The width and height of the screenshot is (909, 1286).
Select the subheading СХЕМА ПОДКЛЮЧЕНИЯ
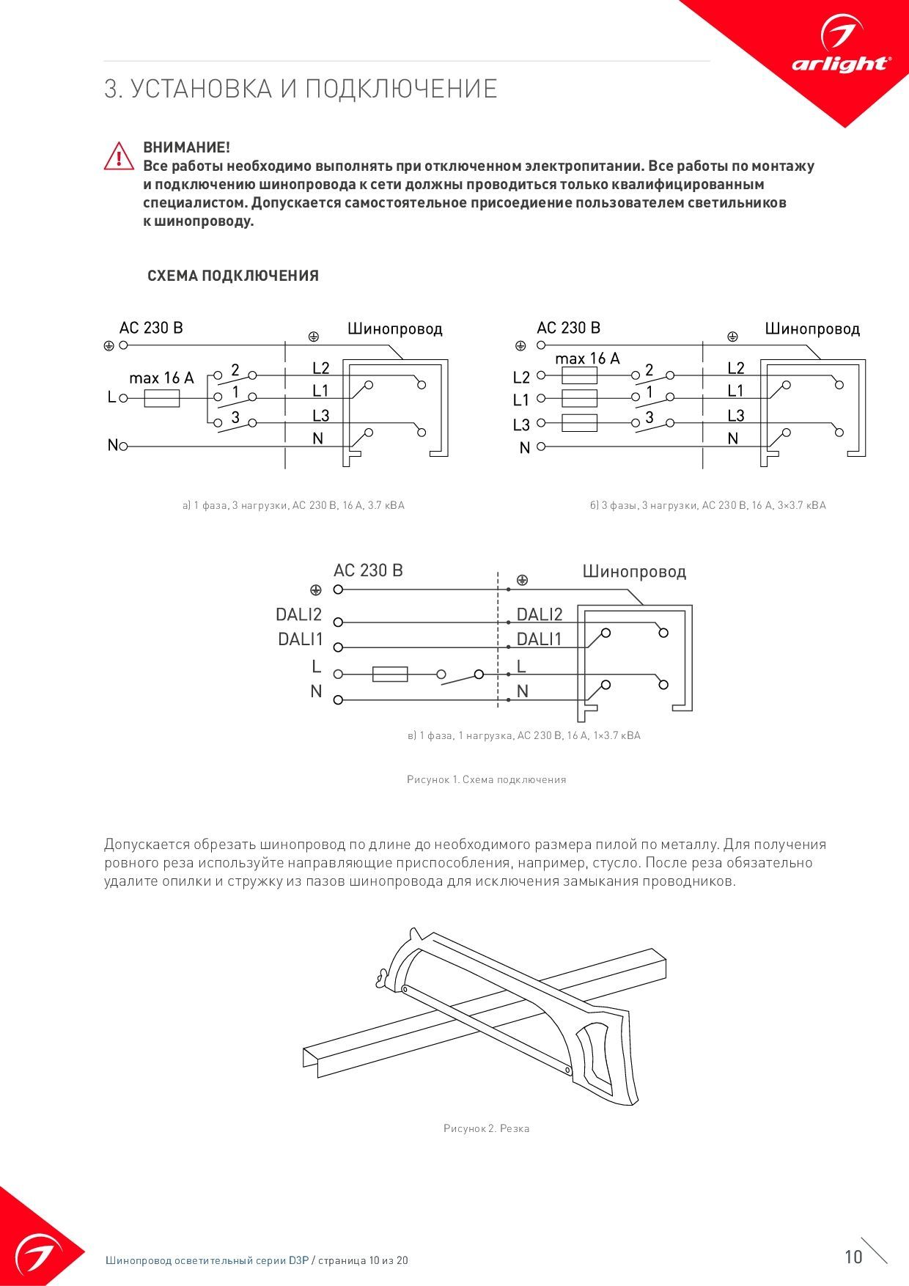[x=233, y=276]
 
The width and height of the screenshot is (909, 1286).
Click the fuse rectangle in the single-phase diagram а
[x=162, y=398]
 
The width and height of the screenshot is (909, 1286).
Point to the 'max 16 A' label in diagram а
[x=161, y=378]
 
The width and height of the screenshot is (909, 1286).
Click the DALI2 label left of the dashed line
[x=299, y=614]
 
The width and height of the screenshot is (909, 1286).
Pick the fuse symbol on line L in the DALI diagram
[x=390, y=674]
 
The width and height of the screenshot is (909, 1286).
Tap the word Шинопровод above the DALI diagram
[x=634, y=571]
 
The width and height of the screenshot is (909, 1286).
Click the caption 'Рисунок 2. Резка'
[x=486, y=1128]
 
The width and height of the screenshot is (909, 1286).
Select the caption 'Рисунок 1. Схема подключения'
[x=486, y=779]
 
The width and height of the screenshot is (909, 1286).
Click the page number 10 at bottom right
[x=853, y=1257]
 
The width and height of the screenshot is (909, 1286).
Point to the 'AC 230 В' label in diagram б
[x=568, y=328]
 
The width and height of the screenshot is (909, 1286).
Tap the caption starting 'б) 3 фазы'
[x=707, y=505]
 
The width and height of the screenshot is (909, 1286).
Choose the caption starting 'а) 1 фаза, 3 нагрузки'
[x=293, y=505]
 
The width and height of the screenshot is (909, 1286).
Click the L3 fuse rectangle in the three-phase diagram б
[x=579, y=423]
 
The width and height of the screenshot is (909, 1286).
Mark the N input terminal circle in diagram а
[x=123, y=446]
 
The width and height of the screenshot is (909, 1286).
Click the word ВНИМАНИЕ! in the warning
[x=186, y=147]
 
